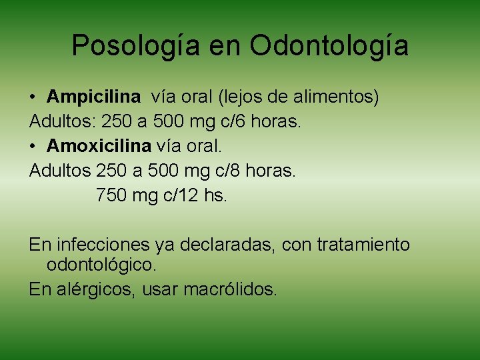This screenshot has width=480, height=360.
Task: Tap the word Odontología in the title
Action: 329,45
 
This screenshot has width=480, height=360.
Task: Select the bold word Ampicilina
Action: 94,97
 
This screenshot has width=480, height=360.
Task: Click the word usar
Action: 161,290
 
